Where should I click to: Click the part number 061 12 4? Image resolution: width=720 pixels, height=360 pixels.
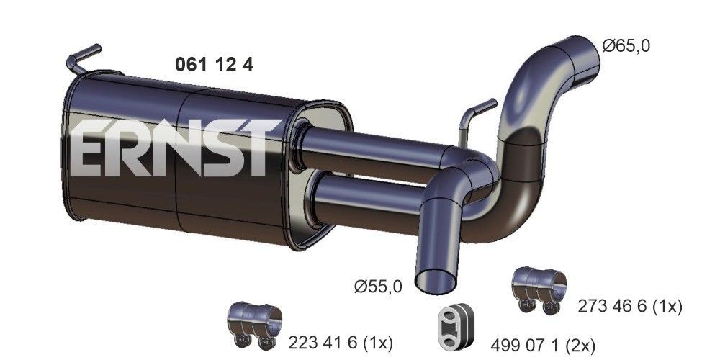click(x=214, y=65)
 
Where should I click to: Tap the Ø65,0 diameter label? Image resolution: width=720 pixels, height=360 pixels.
click(x=626, y=46)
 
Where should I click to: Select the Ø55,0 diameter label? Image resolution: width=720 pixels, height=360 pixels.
click(x=378, y=287)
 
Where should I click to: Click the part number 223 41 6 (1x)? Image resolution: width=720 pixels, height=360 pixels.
click(x=343, y=341)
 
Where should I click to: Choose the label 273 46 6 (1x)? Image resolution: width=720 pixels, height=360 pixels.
click(x=629, y=307)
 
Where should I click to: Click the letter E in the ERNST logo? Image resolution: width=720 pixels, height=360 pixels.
click(x=90, y=150)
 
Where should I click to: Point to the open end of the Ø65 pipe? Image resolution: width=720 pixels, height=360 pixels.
click(x=582, y=56)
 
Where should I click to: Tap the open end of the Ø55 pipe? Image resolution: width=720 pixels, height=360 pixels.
click(x=437, y=277)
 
